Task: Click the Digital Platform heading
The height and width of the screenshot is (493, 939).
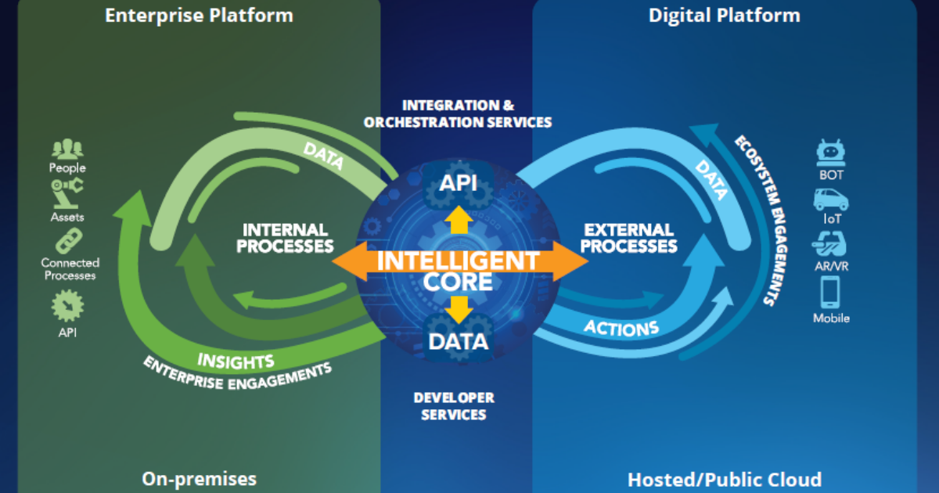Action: [x=724, y=15]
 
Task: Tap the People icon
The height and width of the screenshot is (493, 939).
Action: [x=67, y=149]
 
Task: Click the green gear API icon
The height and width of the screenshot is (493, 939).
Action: [x=67, y=306]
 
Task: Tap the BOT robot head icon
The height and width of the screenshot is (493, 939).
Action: [x=831, y=152]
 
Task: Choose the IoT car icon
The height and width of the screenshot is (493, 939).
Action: [x=831, y=199]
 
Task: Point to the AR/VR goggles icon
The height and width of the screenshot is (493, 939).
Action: [x=830, y=245]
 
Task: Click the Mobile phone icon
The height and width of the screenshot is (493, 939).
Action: [x=830, y=292]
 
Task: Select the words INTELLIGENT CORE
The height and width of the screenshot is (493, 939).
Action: [x=458, y=271]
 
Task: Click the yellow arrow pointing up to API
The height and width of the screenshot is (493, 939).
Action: [x=458, y=220]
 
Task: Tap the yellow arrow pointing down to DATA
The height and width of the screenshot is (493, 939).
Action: [x=458, y=309]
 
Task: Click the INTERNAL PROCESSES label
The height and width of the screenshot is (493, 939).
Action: [x=285, y=238]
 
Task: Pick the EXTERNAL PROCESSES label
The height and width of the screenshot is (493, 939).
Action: [x=629, y=238]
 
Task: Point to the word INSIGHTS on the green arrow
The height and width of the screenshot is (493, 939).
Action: [x=236, y=361]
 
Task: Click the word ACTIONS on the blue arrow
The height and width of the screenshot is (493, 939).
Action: [x=621, y=326]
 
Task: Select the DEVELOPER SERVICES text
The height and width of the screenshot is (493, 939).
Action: [x=454, y=406]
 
